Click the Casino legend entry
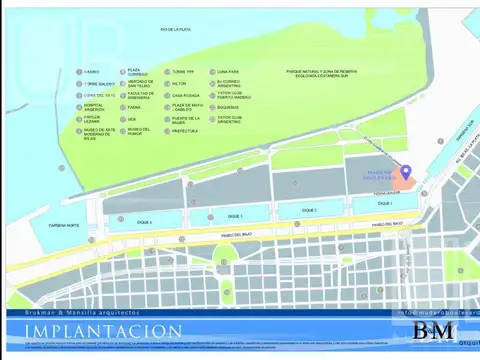pos(91,72)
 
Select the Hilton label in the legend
pos(179,84)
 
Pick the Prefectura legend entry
pos(184,131)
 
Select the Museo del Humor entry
pos(138,131)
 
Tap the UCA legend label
pos(131,119)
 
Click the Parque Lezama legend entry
pos(93,119)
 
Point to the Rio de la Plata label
pos(174,31)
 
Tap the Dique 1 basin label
pos(384,204)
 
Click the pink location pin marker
pos(404,175)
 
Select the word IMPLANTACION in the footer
pos(104,331)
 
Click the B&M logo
pos(434,331)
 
